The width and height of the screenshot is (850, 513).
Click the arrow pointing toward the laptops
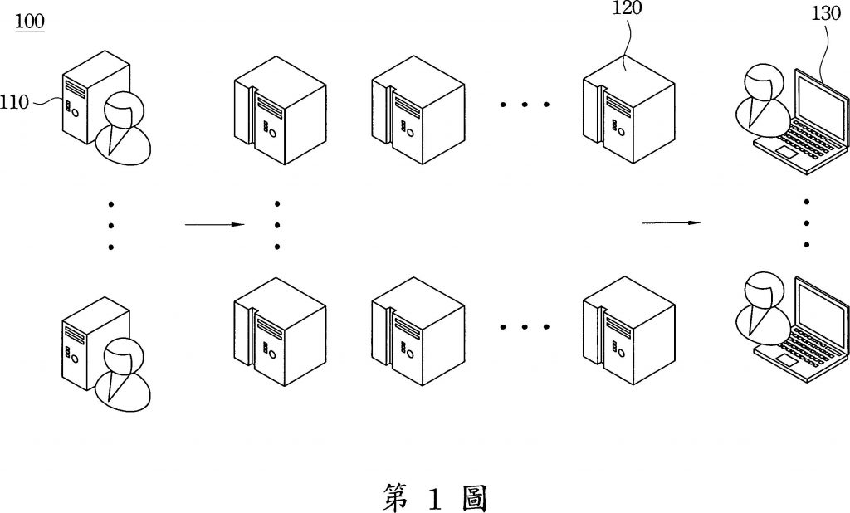pyautogui.click(x=672, y=222)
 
